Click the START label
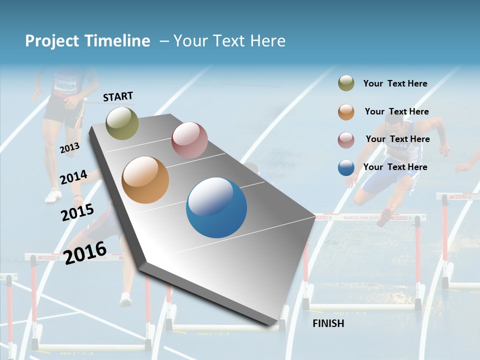(x=118, y=96)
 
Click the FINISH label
(x=328, y=323)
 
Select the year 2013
(x=69, y=147)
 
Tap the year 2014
(x=73, y=177)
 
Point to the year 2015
(x=77, y=212)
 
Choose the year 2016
(x=85, y=252)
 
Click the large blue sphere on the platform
(x=216, y=207)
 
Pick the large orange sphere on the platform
(x=145, y=180)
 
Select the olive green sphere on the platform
(x=122, y=123)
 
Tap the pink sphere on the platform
(x=189, y=140)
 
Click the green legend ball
(x=346, y=83)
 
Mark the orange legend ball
(x=346, y=111)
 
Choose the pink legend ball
(x=346, y=139)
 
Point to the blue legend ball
(x=346, y=167)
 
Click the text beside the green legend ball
(x=395, y=83)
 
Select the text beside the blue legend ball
(x=395, y=167)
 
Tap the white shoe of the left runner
(x=52, y=195)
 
